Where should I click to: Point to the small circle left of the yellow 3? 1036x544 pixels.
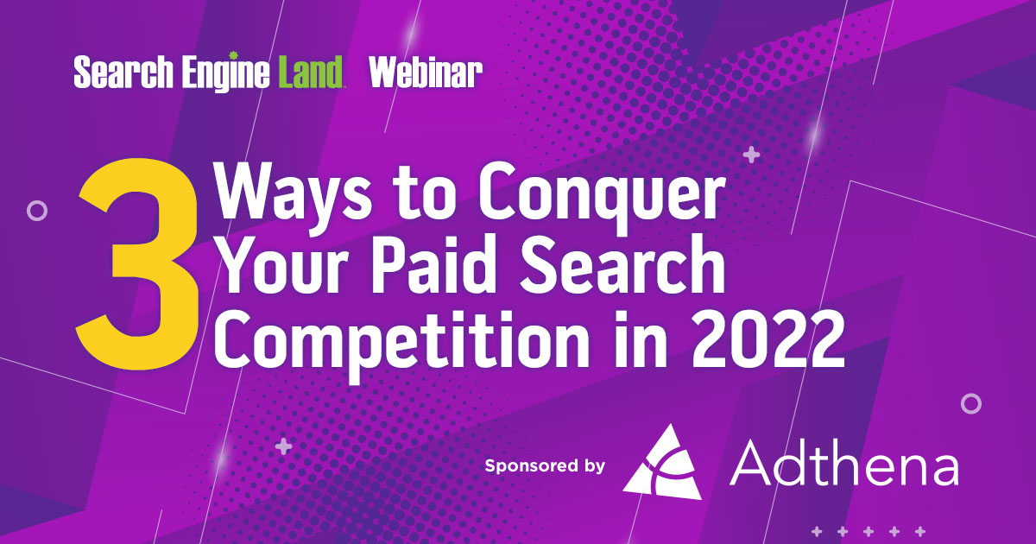[x=36, y=209]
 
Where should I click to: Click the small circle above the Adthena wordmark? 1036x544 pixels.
[x=971, y=403]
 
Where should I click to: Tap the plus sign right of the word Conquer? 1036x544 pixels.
[x=752, y=155]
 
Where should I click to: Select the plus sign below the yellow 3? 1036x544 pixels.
[x=282, y=446]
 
